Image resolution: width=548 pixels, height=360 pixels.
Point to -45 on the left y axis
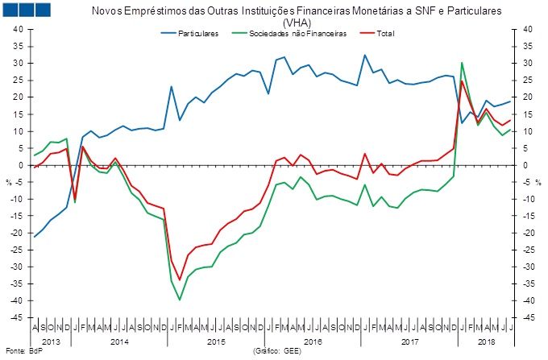click(16, 334)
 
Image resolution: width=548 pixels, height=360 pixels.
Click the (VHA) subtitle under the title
click(274, 23)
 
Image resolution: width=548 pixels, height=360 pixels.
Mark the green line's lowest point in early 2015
click(180, 300)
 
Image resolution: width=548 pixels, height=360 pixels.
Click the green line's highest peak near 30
click(462, 63)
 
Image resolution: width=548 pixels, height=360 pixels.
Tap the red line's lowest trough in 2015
click(180, 279)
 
